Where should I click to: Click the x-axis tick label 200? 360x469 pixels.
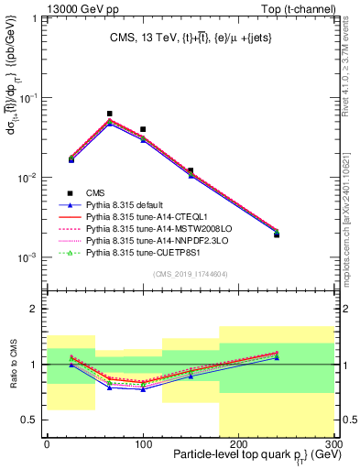[x=238, y=443]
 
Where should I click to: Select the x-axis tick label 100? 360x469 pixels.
[x=142, y=443]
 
